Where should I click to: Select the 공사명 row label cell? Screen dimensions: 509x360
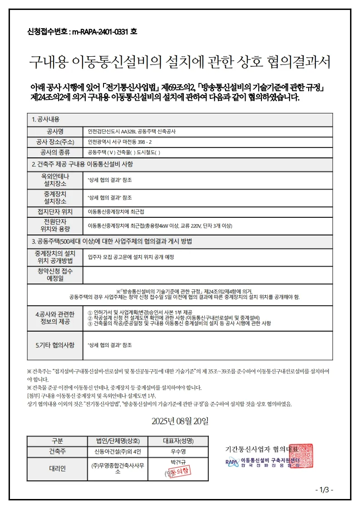tap(55, 131)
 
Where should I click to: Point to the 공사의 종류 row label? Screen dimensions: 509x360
tap(55, 152)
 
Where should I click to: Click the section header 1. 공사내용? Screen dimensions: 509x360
tap(46, 119)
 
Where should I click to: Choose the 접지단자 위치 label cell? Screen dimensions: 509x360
tap(55, 211)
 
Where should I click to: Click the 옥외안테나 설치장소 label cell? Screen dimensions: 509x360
tap(55, 180)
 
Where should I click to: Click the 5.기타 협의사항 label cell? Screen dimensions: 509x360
tap(55, 345)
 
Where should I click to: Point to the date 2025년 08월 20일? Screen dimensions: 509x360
tap(180, 421)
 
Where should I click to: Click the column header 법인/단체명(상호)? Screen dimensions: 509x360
tap(118, 440)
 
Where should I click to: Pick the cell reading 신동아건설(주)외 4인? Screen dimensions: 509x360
tap(118, 451)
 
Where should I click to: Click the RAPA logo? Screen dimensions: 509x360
tap(232, 463)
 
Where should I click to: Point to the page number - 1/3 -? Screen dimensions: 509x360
tap(324, 489)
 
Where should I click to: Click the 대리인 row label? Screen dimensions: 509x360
tap(57, 468)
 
